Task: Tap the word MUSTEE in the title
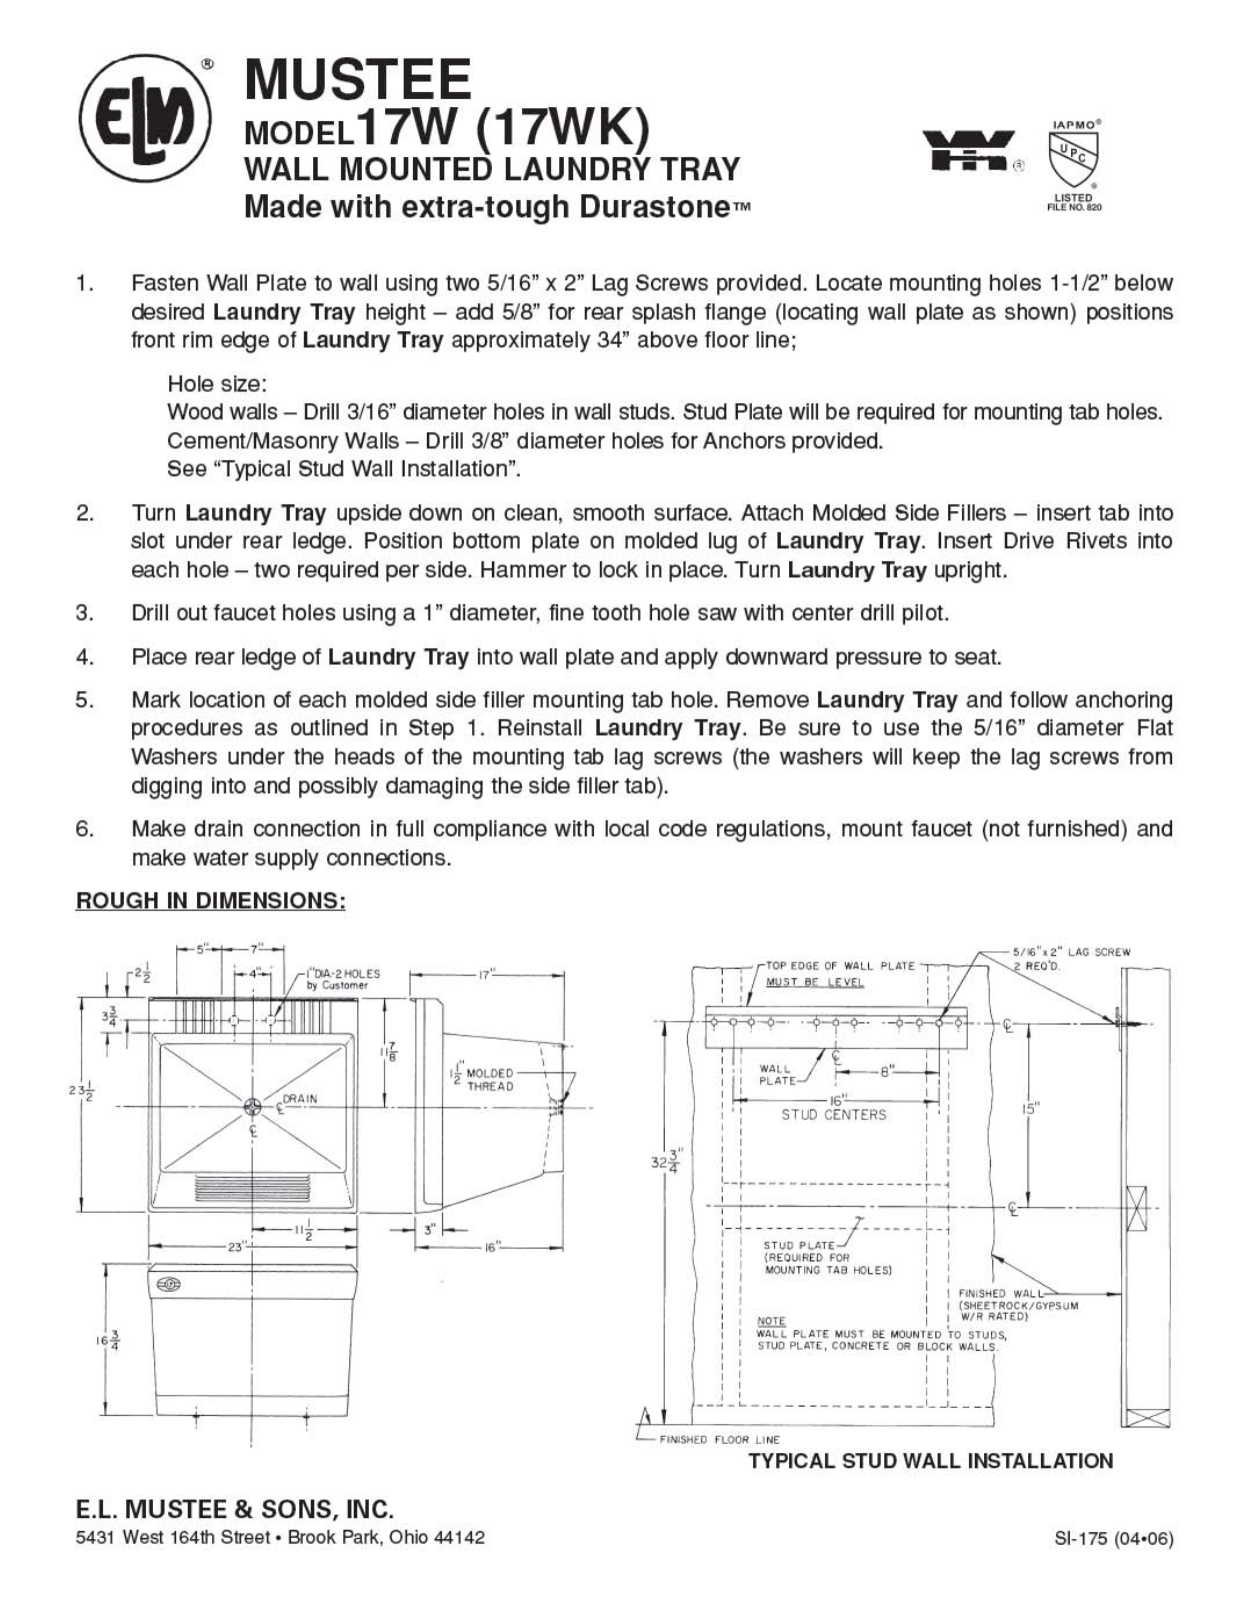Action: pos(358,80)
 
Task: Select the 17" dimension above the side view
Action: pos(485,975)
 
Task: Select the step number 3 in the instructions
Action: pos(84,612)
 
